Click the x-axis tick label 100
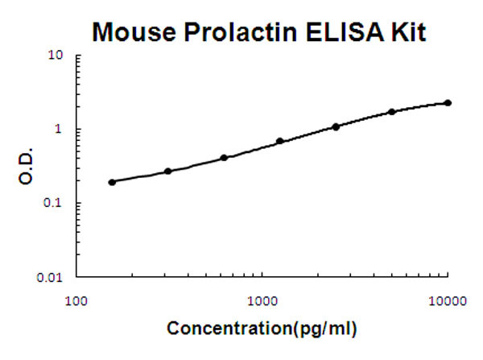pos(76,302)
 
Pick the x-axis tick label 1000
pos(262,302)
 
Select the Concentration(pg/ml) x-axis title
pos(262,329)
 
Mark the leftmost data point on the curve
pos(112,182)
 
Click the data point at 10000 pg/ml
pos(448,103)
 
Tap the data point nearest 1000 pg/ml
pos(280,141)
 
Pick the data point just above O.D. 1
pos(336,126)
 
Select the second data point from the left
pos(167,171)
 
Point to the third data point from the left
pos(224,158)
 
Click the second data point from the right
pos(392,112)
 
